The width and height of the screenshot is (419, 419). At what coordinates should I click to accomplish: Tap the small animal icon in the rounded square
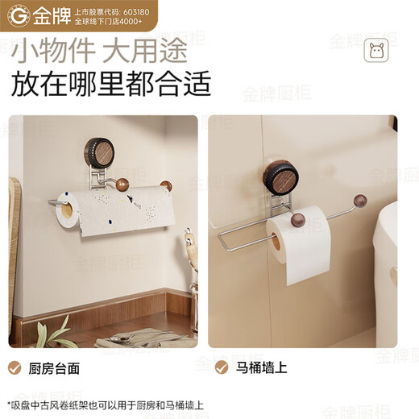[375, 52]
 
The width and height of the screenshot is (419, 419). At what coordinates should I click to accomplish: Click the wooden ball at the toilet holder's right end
[360, 200]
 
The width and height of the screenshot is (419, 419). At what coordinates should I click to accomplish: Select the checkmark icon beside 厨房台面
[15, 368]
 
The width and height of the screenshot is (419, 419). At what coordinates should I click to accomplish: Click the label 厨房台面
[55, 368]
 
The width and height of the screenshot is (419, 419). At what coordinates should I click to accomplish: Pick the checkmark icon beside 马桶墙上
[221, 368]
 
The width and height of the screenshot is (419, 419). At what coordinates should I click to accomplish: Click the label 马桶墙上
[261, 368]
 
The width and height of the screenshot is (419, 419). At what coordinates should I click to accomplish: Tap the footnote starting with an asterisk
[105, 405]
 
